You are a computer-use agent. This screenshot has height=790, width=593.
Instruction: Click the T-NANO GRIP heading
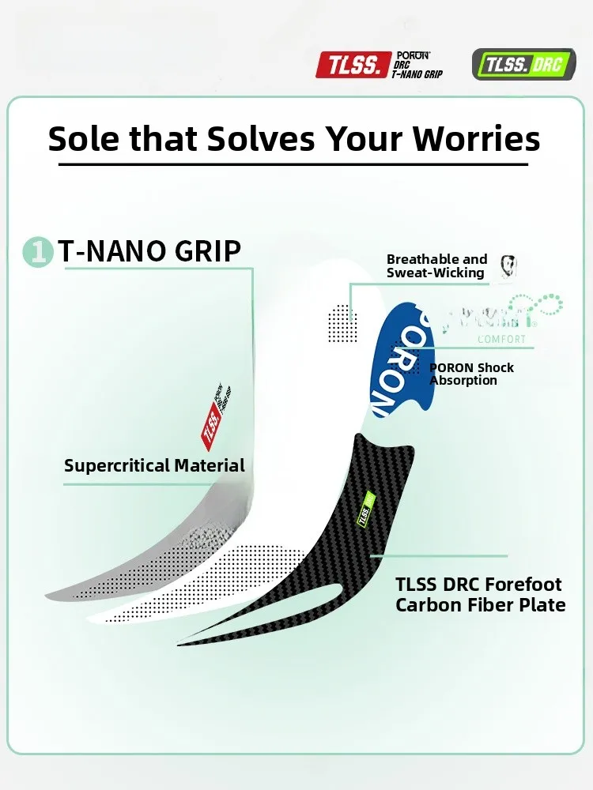(x=149, y=251)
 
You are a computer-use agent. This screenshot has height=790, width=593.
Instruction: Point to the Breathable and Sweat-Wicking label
(x=436, y=266)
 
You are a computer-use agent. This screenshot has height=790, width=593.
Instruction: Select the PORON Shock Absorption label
(x=471, y=374)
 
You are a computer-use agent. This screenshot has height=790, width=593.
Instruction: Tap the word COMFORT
(x=501, y=340)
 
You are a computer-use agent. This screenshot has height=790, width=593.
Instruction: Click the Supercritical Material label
(x=154, y=465)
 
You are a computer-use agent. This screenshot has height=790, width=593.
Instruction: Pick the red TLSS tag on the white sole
(x=210, y=427)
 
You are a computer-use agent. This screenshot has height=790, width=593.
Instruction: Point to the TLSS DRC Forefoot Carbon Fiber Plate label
(x=480, y=595)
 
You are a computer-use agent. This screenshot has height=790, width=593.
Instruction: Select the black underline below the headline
(x=293, y=164)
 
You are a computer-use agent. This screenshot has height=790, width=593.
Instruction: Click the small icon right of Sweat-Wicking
(x=507, y=267)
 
